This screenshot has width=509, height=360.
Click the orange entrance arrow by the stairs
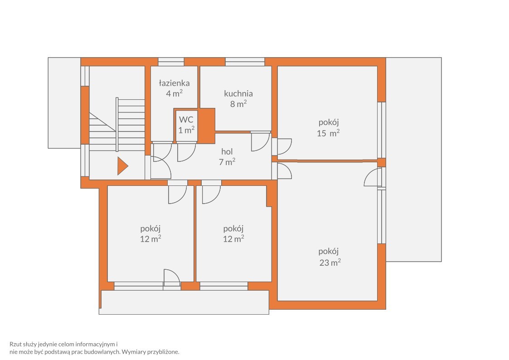[x=122, y=166]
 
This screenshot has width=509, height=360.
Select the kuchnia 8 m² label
[x=238, y=99]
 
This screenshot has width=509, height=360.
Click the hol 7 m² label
[x=227, y=156]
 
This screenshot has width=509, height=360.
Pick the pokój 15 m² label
[x=329, y=127]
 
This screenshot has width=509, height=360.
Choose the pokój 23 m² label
[x=330, y=257]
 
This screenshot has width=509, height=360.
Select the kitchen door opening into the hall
[x=261, y=142]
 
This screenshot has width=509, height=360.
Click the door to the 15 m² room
[x=282, y=147]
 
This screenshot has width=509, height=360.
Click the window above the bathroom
[x=171, y=62]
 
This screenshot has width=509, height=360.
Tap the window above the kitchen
[x=245, y=62]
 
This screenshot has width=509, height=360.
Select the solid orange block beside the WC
[x=207, y=126]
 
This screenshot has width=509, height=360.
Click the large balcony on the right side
[x=413, y=160]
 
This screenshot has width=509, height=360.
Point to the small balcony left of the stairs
[x=64, y=103]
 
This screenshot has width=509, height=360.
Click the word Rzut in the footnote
[x=15, y=344]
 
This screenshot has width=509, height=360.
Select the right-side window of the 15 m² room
[x=382, y=130]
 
